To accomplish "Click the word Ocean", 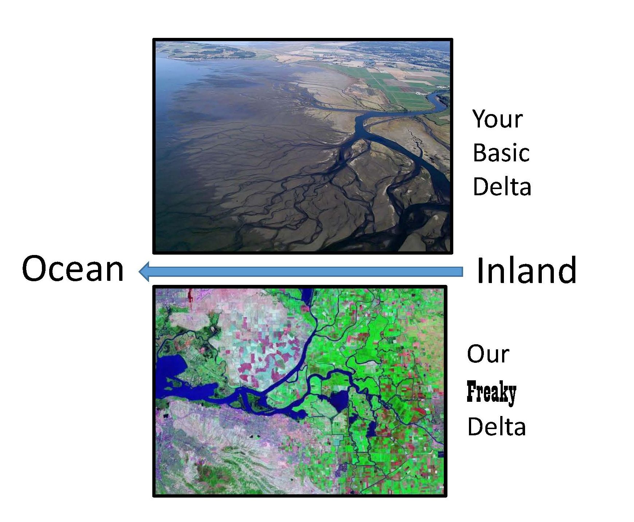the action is pos(73,269).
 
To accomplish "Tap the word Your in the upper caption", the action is pos(498,119).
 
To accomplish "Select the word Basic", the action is pos(501,153).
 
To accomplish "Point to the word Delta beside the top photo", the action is pos(502,186).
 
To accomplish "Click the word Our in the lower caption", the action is pos(488,354).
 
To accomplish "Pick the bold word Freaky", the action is pos(492,392).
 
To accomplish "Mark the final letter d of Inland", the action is pos(567,270).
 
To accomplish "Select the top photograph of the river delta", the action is pos(302,146).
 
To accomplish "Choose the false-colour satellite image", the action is pos(300,392).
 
